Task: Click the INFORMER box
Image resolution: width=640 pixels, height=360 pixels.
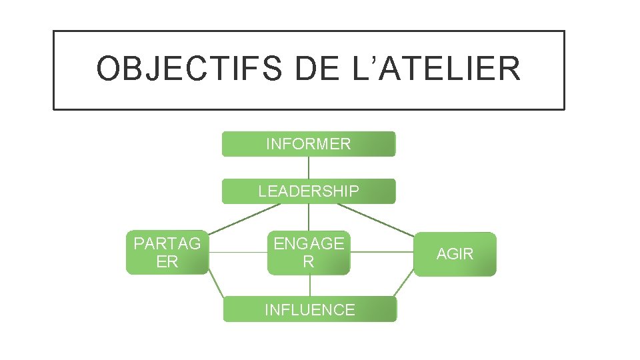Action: click(x=308, y=144)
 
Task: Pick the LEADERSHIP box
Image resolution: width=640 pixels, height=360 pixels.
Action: click(x=308, y=191)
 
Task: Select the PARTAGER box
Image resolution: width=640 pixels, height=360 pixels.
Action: click(x=167, y=253)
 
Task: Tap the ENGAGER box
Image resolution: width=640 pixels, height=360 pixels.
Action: click(x=308, y=253)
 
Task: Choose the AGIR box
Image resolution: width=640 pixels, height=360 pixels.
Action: click(x=455, y=254)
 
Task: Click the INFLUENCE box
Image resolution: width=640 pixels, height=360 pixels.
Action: click(x=309, y=309)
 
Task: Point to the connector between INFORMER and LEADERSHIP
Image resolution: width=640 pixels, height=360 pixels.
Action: click(x=308, y=167)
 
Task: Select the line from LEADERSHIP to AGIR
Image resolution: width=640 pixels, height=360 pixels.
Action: click(x=377, y=219)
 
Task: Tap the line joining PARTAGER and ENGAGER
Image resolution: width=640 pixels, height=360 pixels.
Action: click(x=237, y=253)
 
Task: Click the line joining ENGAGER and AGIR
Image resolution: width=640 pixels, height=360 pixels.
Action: click(x=381, y=253)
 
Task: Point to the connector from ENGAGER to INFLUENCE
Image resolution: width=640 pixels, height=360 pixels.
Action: click(x=309, y=285)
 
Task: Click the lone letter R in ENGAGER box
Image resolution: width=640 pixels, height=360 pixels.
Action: click(x=308, y=262)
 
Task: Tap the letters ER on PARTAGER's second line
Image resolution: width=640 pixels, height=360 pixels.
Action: click(x=167, y=262)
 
